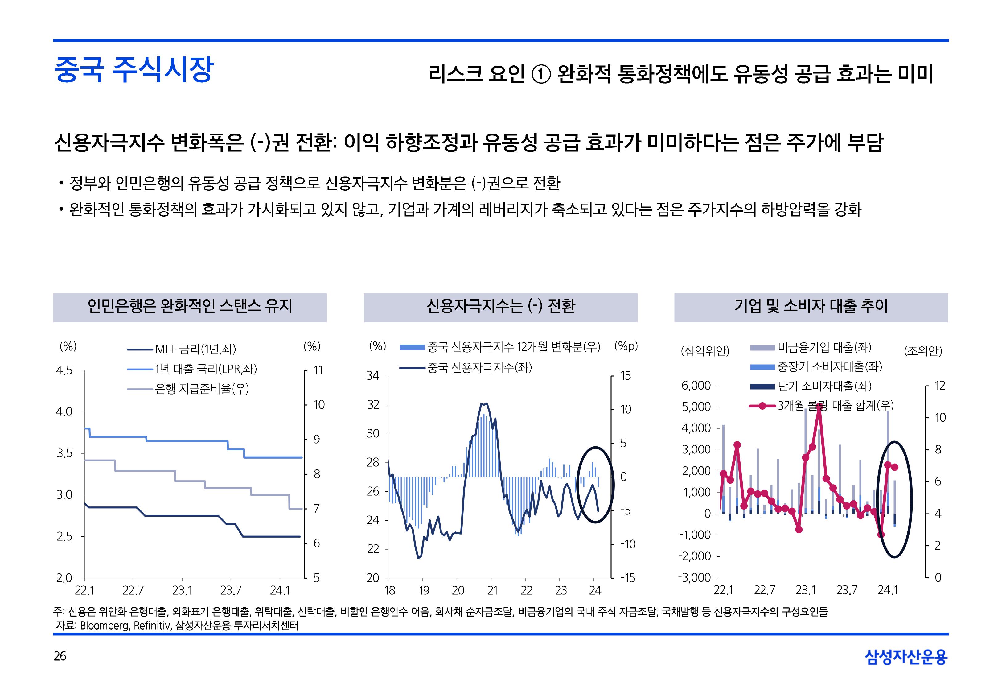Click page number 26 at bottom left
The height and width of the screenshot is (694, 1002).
[x=60, y=656]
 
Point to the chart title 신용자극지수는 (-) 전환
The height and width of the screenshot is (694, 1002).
[x=501, y=306]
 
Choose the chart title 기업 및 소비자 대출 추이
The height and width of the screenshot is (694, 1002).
[x=811, y=306]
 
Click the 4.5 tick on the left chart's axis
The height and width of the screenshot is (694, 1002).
[x=64, y=370]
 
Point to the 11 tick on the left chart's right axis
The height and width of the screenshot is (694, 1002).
[x=318, y=370]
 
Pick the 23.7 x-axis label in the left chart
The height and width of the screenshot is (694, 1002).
[x=230, y=590]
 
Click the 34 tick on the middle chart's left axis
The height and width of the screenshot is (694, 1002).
[x=373, y=376]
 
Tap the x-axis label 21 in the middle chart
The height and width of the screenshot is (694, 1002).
[x=492, y=590]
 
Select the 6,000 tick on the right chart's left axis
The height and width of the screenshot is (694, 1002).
[x=696, y=386]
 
